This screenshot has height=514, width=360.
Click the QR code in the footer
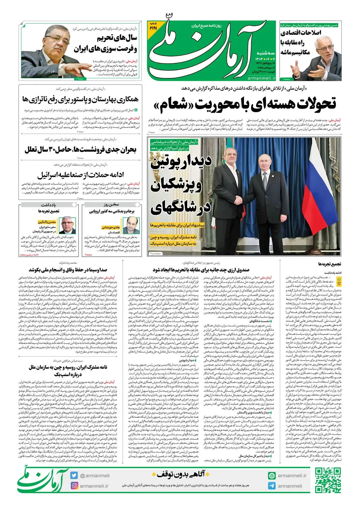tap(328, 481)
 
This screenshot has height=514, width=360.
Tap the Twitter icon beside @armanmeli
tap(74, 475)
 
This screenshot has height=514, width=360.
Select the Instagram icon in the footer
tap(74, 486)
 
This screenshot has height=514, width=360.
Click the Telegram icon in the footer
tap(272, 486)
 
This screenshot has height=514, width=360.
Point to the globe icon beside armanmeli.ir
tap(272, 476)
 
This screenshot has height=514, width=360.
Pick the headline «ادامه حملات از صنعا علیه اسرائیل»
tap(80, 175)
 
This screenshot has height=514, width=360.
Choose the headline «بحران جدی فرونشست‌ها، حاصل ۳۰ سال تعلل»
tap(80, 149)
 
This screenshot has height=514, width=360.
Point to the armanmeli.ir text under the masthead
tap(262, 78)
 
